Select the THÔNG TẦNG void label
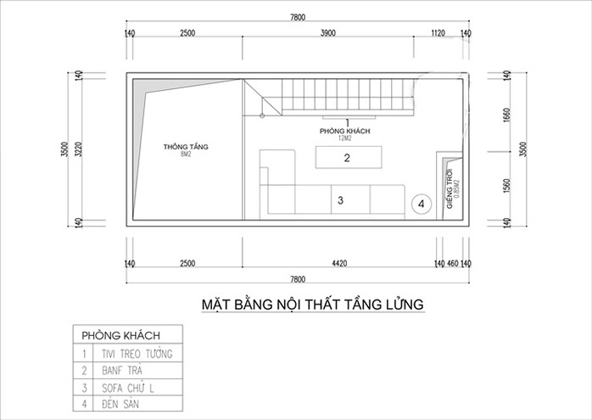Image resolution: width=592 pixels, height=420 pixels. click(x=186, y=147)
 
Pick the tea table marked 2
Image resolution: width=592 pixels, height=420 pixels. click(x=348, y=158)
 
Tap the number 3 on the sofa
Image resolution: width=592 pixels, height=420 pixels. click(x=339, y=201)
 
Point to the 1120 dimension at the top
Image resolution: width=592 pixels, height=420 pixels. click(x=438, y=33)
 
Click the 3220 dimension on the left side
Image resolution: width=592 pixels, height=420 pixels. click(x=77, y=150)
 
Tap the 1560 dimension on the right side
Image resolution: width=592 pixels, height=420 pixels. click(x=506, y=185)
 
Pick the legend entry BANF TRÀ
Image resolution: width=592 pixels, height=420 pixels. click(x=124, y=371)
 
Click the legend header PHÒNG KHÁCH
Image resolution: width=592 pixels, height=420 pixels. click(x=120, y=333)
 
